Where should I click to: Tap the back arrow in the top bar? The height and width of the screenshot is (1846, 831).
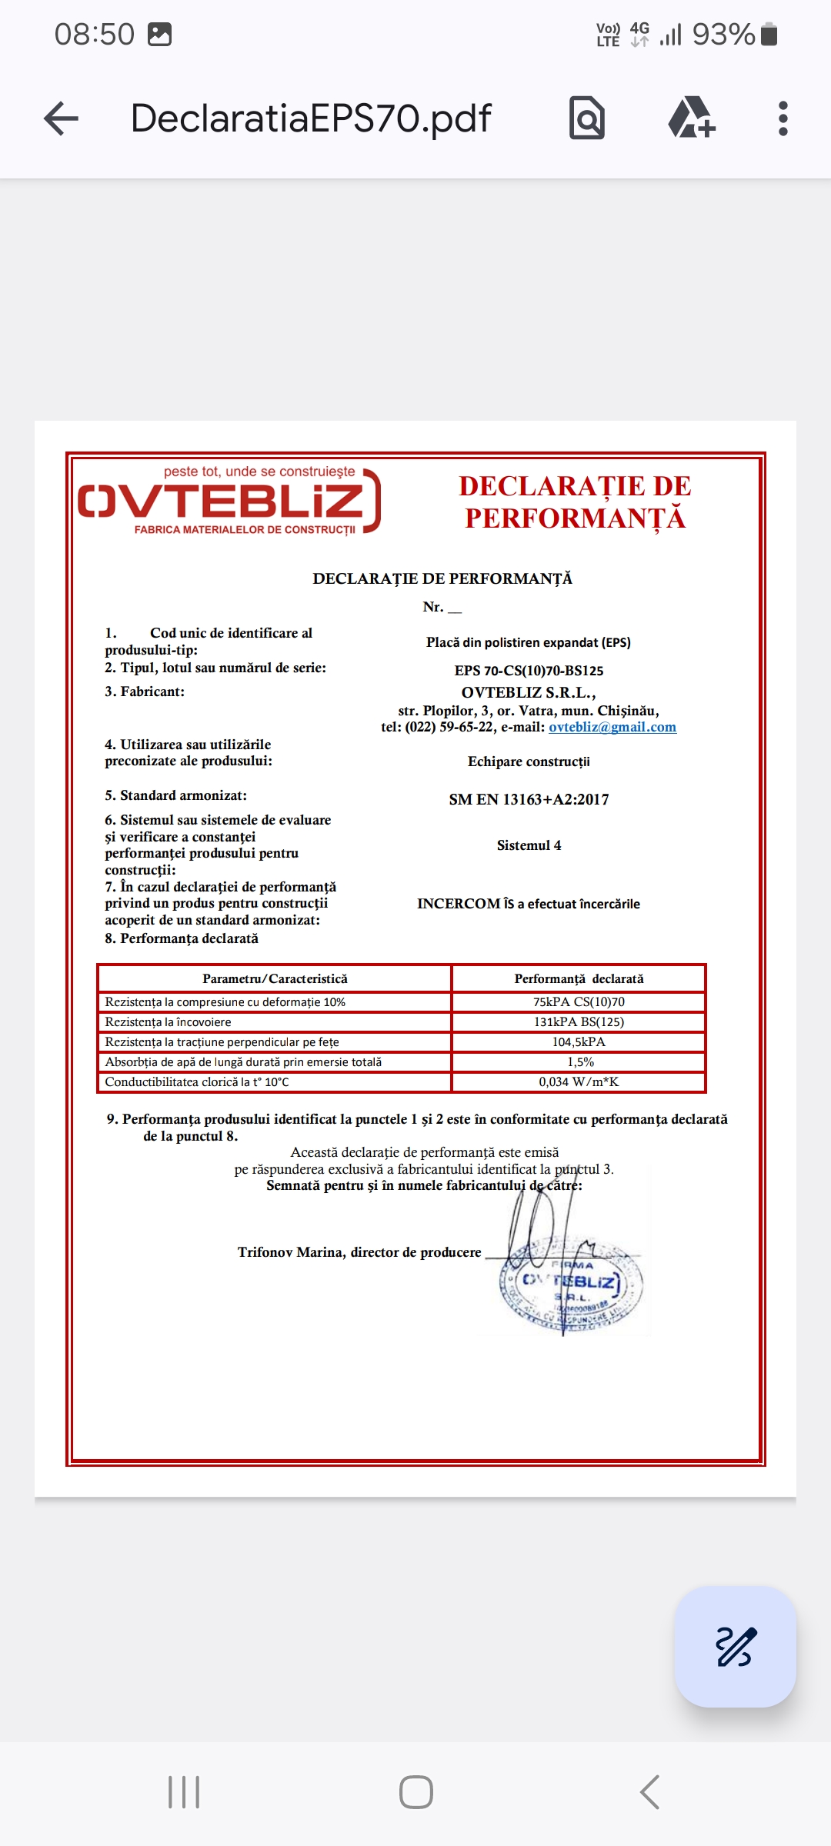click(x=62, y=119)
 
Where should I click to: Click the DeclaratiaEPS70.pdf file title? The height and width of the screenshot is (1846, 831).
click(x=311, y=118)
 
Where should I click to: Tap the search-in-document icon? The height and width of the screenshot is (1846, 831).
click(x=587, y=118)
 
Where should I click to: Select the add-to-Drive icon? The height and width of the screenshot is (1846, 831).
click(x=691, y=118)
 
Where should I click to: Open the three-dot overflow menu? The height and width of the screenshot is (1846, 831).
click(x=783, y=118)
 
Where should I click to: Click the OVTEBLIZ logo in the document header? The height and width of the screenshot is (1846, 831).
click(x=229, y=501)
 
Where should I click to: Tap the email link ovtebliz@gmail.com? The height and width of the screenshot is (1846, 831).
click(x=612, y=728)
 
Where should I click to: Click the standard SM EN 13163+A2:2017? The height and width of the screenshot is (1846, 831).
click(x=529, y=800)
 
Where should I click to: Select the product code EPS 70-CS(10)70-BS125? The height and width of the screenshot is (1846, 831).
click(x=529, y=671)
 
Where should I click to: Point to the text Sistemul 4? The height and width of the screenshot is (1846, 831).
click(x=529, y=845)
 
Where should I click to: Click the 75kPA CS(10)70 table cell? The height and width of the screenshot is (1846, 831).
click(x=579, y=1002)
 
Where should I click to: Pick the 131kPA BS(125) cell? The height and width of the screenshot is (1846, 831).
click(x=579, y=1022)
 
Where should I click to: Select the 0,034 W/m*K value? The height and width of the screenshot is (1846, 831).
click(x=579, y=1082)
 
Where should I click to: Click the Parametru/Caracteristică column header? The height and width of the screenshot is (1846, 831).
click(x=275, y=979)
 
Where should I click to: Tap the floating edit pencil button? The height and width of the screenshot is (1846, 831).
click(x=735, y=1647)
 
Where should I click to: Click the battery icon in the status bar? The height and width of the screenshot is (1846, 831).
click(x=769, y=35)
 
